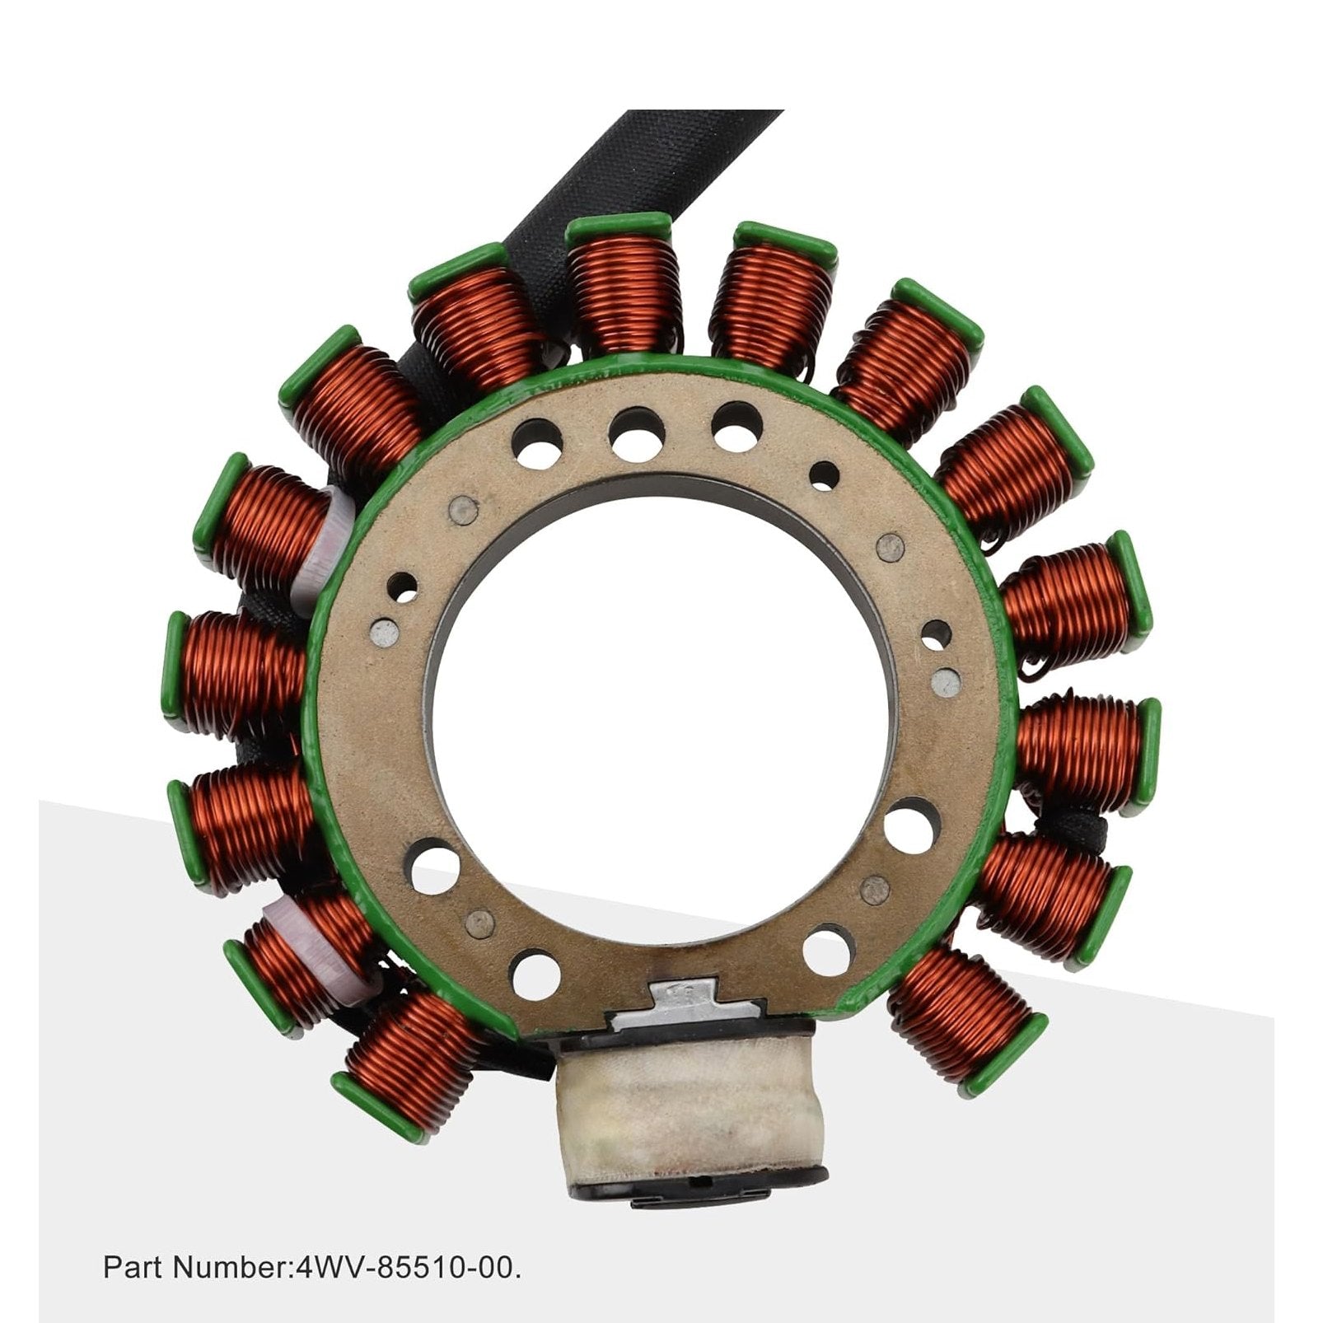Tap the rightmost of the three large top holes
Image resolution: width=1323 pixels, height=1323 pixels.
[738, 425]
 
